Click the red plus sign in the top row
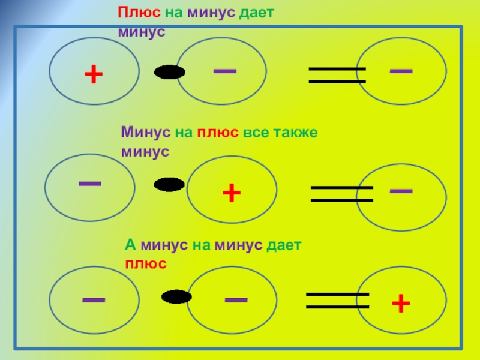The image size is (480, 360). [94, 74]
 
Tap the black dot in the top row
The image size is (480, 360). [169, 73]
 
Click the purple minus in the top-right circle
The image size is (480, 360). [401, 70]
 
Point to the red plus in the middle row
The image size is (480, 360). [232, 193]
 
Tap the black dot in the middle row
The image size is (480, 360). [169, 185]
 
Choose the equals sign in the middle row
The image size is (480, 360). [341, 193]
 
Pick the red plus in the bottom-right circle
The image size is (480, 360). [401, 304]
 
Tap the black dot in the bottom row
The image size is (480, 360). [176, 296]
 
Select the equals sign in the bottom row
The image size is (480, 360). [337, 301]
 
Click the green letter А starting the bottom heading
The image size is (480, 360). [128, 245]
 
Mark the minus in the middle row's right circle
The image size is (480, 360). [401, 190]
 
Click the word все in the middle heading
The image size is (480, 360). [256, 131]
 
